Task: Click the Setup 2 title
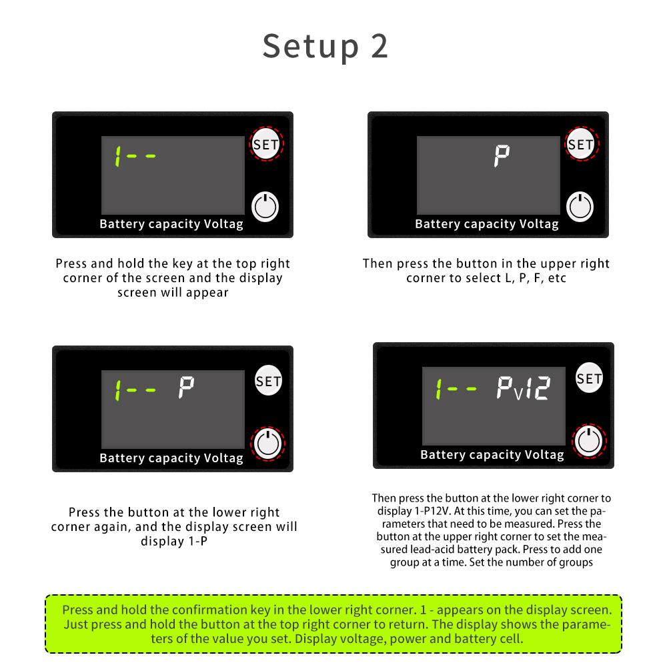pos(325,46)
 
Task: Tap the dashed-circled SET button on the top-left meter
pos(267,143)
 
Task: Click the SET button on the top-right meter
pos(581,144)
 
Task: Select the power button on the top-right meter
pos(580,206)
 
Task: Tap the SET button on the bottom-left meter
pos(268,381)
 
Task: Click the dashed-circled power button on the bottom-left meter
pos(267,444)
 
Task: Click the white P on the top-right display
pos(502,157)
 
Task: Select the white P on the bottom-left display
pos(186,388)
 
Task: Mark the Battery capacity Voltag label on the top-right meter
pos(487,224)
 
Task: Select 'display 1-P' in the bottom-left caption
pos(173,541)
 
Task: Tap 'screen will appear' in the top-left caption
pos(173,292)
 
